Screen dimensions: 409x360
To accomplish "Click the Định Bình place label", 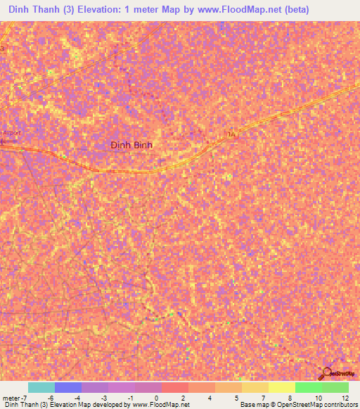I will (131, 145).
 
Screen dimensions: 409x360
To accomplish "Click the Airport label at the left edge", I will (11, 132).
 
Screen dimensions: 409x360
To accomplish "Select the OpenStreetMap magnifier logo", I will (327, 374).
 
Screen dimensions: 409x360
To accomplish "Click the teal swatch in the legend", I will (41, 387).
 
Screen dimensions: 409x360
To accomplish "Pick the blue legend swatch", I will (67, 387).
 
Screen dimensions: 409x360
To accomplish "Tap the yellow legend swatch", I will (281, 387).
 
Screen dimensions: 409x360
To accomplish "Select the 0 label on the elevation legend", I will (157, 398).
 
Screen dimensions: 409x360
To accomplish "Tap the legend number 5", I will (236, 398).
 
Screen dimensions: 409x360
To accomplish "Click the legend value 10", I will (317, 398).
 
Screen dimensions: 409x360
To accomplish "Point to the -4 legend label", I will (77, 398).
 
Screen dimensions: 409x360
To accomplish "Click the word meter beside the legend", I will (9, 398).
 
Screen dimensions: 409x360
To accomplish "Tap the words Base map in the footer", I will (252, 405).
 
